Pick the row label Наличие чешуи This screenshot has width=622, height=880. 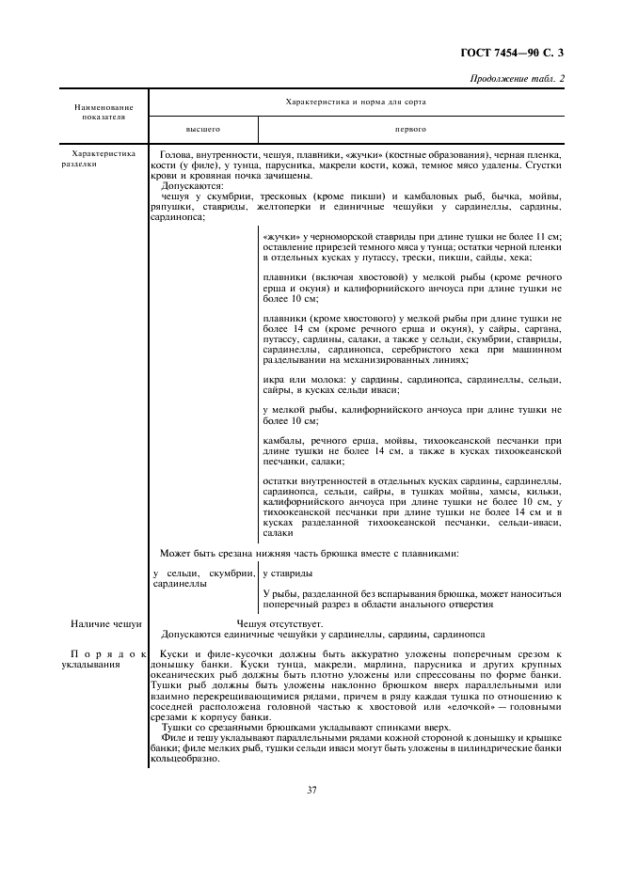coord(106,623)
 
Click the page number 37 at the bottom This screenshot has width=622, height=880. coord(311,789)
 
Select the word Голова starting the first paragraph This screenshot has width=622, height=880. coord(176,153)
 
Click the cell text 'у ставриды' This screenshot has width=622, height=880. coord(288,573)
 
